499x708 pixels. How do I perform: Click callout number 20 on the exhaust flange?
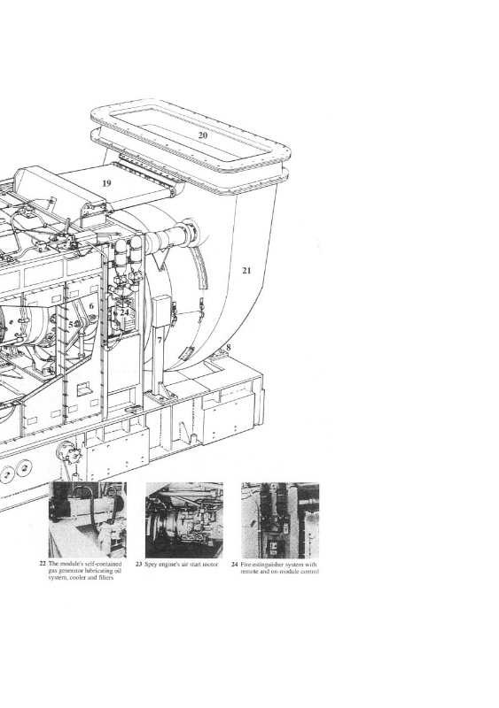coord(203,135)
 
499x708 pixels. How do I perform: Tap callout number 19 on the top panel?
coord(106,183)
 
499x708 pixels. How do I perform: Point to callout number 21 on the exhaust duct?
coord(246,271)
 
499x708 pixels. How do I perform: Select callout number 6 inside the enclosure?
coord(91,306)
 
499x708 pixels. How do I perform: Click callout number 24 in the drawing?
coord(124,312)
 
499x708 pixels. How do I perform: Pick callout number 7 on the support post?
coord(160,340)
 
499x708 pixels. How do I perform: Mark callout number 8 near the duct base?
coord(229,347)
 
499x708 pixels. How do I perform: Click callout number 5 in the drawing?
coord(71,324)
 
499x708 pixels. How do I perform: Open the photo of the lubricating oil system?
coord(88,519)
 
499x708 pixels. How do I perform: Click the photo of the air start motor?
coord(184,519)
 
